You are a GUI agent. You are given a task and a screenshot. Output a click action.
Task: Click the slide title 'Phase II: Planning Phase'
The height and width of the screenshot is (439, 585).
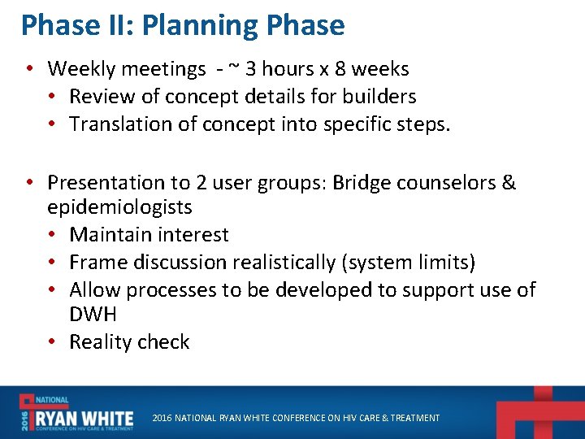[x=183, y=25]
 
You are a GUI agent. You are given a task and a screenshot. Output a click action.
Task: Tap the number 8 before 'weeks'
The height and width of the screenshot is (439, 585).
[x=341, y=69]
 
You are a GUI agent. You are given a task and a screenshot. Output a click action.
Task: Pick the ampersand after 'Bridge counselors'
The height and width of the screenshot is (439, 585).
[x=509, y=183]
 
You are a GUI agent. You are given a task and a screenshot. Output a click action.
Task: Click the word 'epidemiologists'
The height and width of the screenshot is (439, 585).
[x=119, y=207]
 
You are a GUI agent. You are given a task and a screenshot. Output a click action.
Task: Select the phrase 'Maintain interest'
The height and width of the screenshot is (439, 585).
[x=149, y=235]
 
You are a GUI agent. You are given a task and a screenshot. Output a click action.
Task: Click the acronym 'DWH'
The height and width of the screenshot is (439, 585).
[x=93, y=315]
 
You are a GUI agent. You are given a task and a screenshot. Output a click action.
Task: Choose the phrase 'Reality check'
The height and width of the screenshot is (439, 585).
[x=129, y=342]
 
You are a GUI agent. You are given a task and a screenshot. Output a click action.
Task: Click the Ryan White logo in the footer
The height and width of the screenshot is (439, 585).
[x=77, y=413]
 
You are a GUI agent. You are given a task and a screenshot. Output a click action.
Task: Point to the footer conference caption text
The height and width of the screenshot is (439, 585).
[x=296, y=418]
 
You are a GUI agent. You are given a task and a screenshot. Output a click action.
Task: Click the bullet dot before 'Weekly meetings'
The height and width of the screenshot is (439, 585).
[x=29, y=69]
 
